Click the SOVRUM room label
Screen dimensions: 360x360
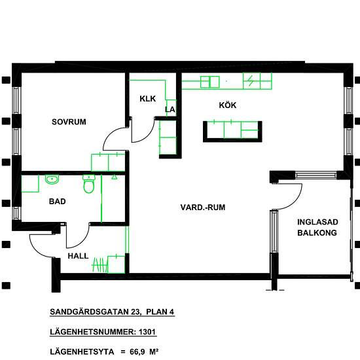(69, 122)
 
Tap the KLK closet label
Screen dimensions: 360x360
(148, 99)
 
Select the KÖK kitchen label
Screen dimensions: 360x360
(228, 105)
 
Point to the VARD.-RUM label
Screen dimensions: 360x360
(203, 207)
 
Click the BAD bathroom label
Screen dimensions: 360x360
(58, 202)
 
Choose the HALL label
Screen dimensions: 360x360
(78, 256)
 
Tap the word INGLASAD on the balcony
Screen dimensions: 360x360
(317, 222)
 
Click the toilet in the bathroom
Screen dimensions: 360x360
(88, 184)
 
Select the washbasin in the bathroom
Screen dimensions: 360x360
(52, 179)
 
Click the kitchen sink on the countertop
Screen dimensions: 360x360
(210, 82)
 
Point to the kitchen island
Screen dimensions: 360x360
(232, 132)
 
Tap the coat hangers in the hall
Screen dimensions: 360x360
(100, 264)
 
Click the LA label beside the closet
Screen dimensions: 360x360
(170, 109)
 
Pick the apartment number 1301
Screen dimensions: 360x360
(147, 332)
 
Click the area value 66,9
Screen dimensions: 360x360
(137, 351)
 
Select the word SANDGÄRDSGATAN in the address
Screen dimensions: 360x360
(89, 312)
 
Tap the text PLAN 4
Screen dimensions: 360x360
(160, 312)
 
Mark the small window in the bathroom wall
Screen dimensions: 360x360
(16, 213)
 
